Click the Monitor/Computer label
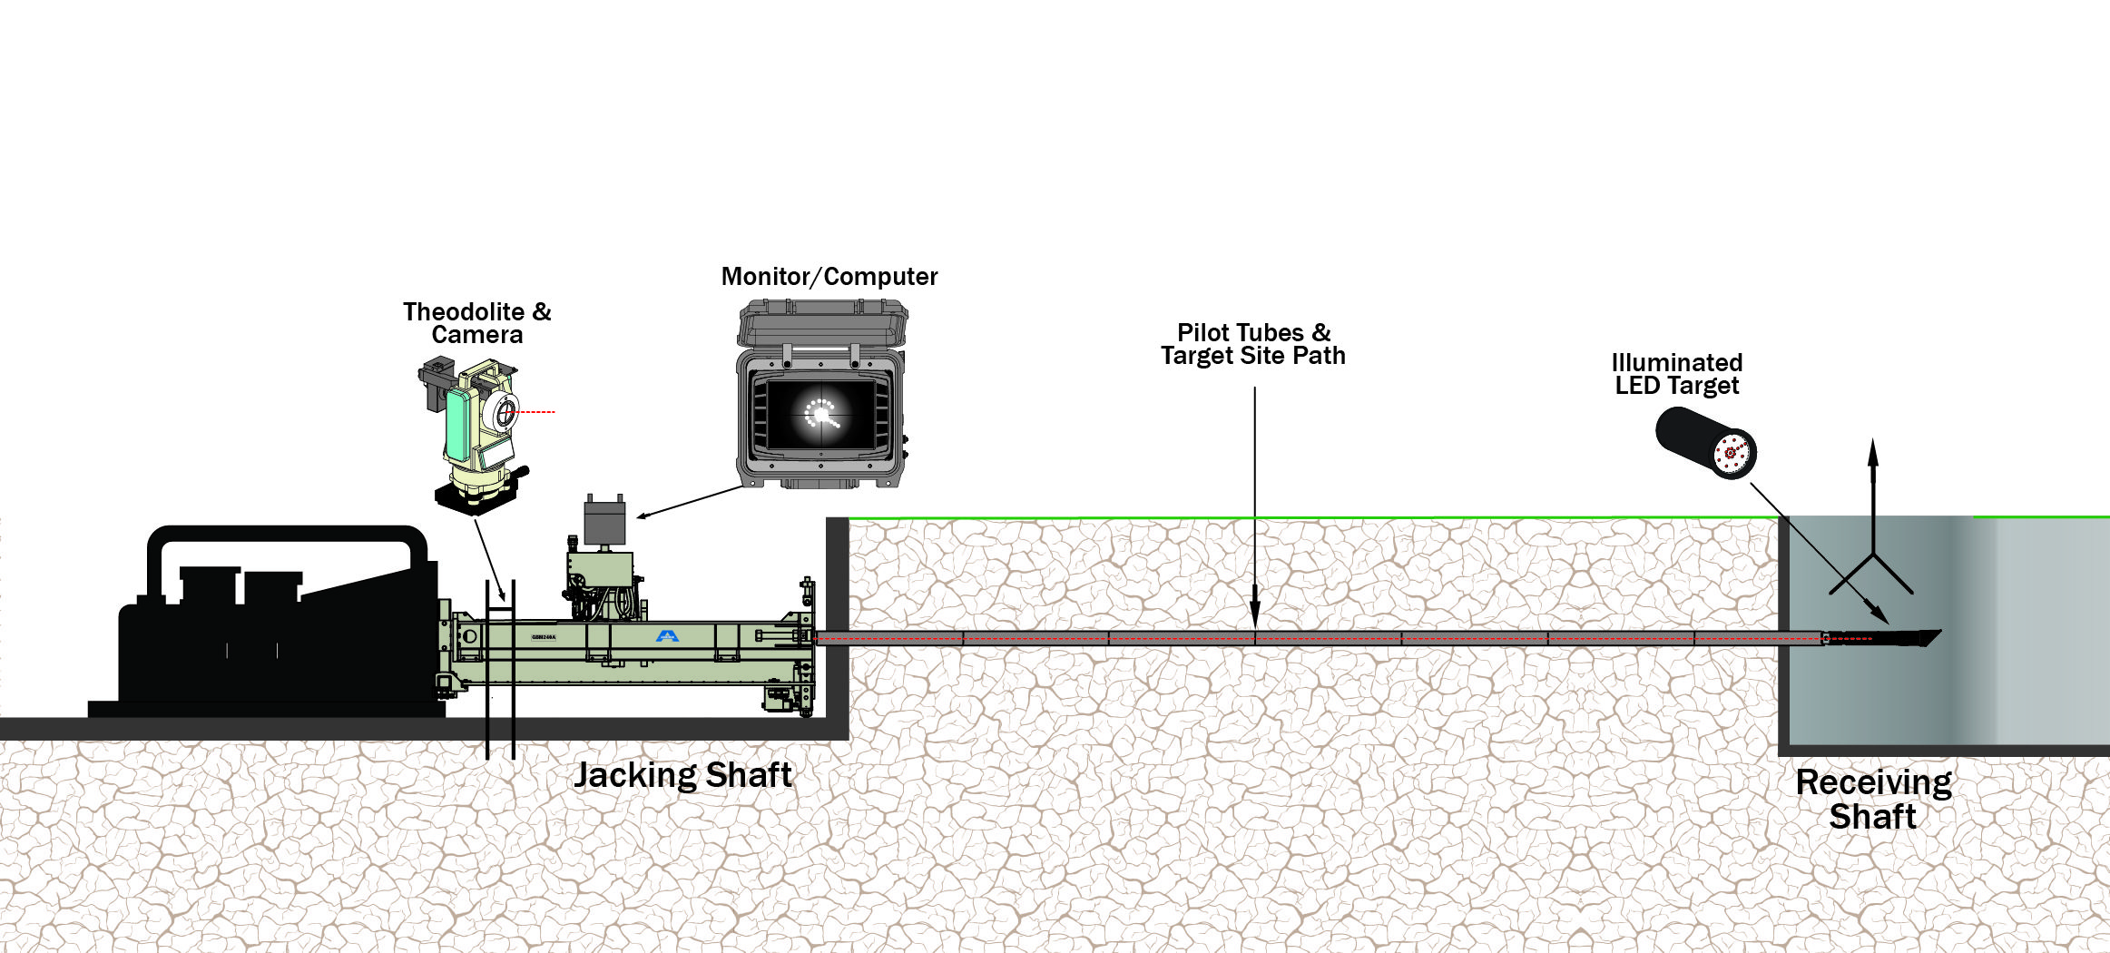point(829,277)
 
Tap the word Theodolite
point(463,312)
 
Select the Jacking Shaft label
point(682,775)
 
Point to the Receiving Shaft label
point(1873,800)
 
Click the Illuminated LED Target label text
point(1676,374)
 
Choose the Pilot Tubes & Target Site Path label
point(1252,344)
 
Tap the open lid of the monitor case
point(823,322)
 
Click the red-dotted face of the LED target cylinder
point(1732,453)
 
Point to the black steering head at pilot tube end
point(1897,638)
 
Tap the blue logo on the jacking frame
point(667,635)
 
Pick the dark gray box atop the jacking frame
point(604,522)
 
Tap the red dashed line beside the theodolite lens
point(535,412)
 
